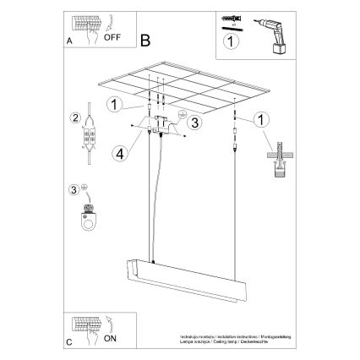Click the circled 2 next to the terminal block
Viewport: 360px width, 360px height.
point(74,118)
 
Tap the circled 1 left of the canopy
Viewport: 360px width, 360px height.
point(113,105)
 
